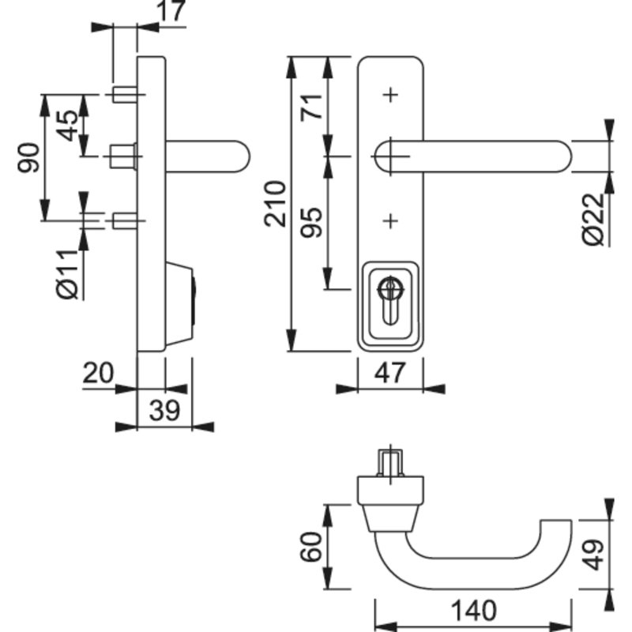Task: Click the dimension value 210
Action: (x=275, y=204)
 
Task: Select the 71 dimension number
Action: (x=312, y=107)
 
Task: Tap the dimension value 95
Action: (x=312, y=222)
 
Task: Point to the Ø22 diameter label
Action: (x=594, y=220)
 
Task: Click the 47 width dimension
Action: (x=389, y=373)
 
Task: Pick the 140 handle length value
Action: (x=473, y=610)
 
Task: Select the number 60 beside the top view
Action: (x=311, y=547)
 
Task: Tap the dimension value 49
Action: (x=594, y=555)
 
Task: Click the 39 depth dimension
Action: (x=164, y=411)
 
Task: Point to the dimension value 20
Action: (x=98, y=373)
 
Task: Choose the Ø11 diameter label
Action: (x=67, y=274)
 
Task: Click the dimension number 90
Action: (x=28, y=157)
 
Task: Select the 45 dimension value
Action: (x=67, y=126)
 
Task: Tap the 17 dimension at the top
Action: (x=171, y=10)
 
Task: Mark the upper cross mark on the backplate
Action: (x=390, y=95)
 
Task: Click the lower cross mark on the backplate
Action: (x=390, y=221)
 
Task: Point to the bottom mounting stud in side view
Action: (x=126, y=221)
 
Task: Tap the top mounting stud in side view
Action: (x=126, y=95)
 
